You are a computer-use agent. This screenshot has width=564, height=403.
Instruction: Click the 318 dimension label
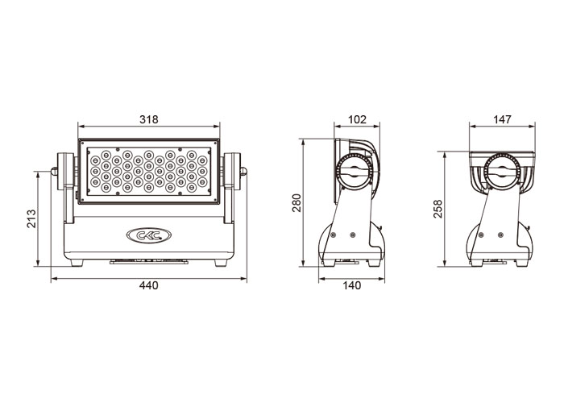click(x=148, y=119)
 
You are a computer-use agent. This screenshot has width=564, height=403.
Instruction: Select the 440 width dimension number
click(x=148, y=285)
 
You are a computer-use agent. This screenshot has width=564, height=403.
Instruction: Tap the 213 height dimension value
click(x=31, y=218)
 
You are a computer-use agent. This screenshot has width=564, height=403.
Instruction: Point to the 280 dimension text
click(x=297, y=203)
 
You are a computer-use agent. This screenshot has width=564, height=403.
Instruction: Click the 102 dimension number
click(x=357, y=119)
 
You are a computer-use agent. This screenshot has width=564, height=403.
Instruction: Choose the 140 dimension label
click(x=351, y=285)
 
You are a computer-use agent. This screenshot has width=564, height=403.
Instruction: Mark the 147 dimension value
click(x=502, y=119)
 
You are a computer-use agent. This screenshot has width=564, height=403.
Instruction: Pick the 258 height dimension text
click(x=438, y=209)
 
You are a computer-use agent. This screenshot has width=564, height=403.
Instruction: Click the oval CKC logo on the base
click(x=149, y=235)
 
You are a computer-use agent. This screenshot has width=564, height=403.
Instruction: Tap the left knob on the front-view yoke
click(x=54, y=171)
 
